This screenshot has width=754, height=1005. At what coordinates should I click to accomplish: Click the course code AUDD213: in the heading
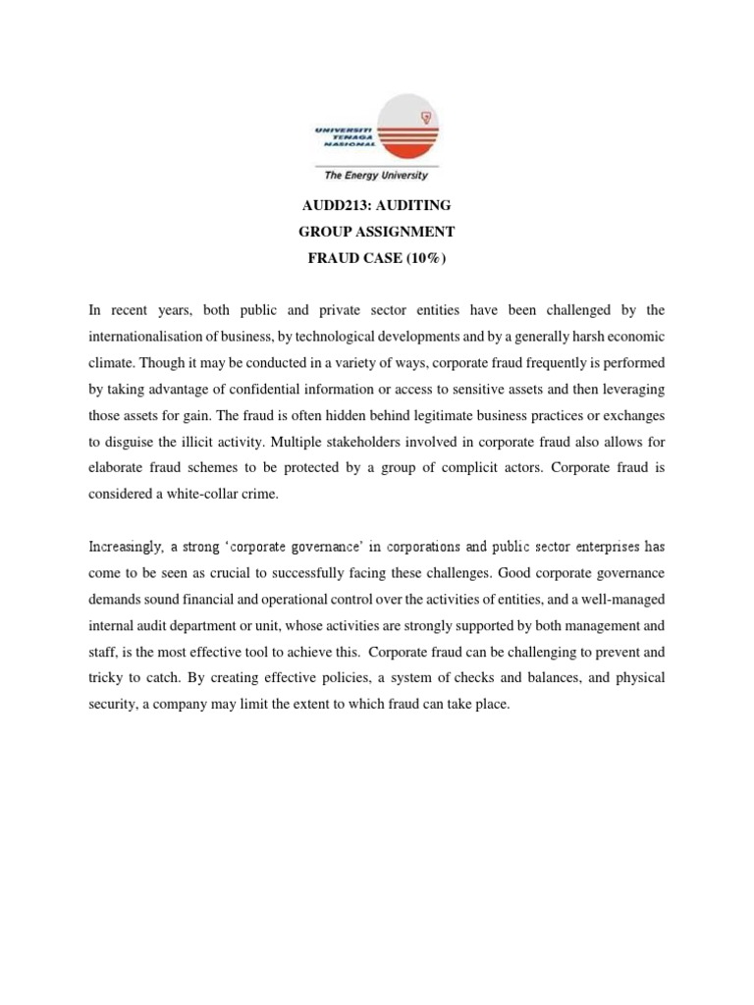click(331, 205)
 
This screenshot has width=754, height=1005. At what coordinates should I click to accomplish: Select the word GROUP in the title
click(328, 232)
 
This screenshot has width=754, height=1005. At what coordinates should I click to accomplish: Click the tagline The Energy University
click(376, 176)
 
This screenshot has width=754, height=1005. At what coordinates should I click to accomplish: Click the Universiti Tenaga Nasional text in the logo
click(338, 137)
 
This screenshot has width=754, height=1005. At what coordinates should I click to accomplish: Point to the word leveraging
click(628, 390)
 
